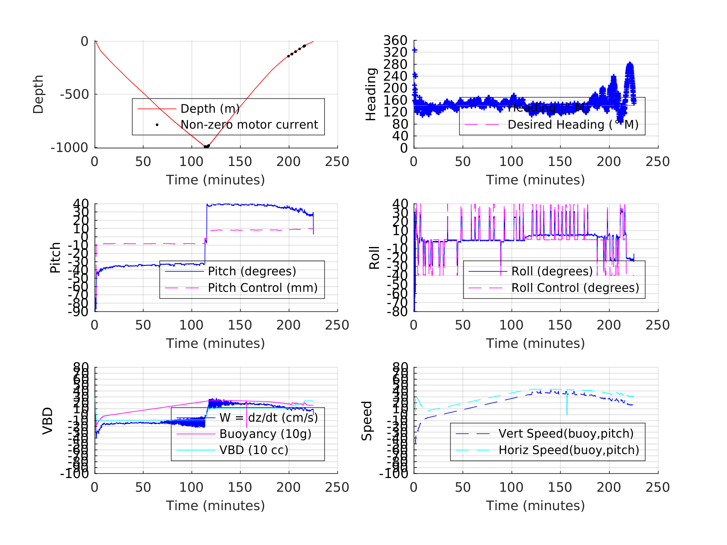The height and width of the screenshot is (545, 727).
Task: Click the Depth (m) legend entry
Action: pos(210,109)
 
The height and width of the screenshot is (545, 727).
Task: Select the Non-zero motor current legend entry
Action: pos(249,125)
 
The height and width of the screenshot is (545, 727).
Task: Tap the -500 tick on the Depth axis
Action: pos(74,95)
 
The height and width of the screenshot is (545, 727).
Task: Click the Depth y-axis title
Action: pos(38,94)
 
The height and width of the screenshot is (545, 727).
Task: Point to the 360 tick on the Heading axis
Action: pos(395,41)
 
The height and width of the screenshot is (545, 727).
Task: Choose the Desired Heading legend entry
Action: pos(573,125)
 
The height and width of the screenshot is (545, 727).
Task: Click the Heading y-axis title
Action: pos(371,94)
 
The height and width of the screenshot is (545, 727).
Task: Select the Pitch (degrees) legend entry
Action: pos(252,271)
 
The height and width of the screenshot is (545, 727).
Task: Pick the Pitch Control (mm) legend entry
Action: pos(263,288)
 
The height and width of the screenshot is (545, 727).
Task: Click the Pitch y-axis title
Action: pos(55,258)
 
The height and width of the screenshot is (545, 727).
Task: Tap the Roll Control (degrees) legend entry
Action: pos(575,288)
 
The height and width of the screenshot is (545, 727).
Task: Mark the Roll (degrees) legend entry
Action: pos(552,271)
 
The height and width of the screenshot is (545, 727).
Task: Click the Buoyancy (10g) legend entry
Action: pos(265,434)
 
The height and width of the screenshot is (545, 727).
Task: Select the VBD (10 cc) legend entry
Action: pos(253,450)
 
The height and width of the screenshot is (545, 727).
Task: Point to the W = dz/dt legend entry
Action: pos(268,418)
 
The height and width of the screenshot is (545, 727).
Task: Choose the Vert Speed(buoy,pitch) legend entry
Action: pos(566,434)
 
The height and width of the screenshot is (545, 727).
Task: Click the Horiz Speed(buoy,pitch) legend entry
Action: pos(569,450)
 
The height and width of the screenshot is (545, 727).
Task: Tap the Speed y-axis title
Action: pos(366,421)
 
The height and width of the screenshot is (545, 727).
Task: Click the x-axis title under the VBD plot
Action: pos(215,505)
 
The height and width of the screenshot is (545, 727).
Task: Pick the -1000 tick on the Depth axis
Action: pos(69,148)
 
